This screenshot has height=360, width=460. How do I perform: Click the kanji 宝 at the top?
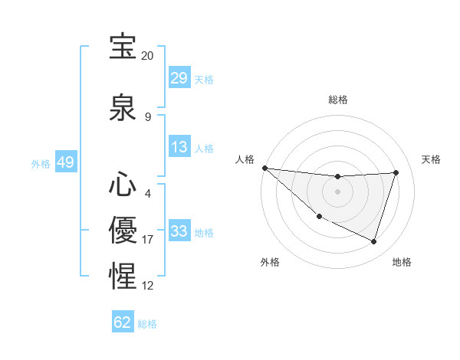[123, 47]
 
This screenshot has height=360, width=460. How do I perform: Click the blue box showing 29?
[179, 78]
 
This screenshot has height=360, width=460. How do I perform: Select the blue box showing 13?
[179, 147]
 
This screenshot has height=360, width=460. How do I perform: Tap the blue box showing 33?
[179, 231]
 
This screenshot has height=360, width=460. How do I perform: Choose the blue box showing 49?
[65, 162]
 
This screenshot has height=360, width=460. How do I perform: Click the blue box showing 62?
[123, 322]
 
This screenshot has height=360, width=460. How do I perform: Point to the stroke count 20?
[147, 56]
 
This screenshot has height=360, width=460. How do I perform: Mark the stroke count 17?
[148, 240]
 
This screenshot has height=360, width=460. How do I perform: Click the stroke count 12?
[148, 286]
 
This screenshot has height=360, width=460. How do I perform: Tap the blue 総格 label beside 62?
[147, 324]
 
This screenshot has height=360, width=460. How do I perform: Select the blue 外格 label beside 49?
[41, 164]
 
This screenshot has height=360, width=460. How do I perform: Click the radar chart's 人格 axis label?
[245, 159]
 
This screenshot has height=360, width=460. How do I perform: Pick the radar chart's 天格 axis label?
[432, 159]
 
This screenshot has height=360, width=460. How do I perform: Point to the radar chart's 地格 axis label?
[402, 262]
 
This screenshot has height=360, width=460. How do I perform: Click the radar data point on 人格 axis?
[264, 168]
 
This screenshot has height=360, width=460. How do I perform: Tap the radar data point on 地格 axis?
[374, 242]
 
